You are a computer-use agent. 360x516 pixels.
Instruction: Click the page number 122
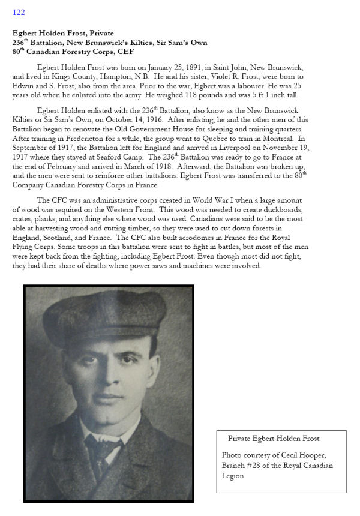19,12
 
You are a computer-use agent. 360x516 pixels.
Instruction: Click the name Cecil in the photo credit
295,455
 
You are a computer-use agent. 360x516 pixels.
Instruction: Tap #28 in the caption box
256,466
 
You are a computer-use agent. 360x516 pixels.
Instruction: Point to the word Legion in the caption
233,476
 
